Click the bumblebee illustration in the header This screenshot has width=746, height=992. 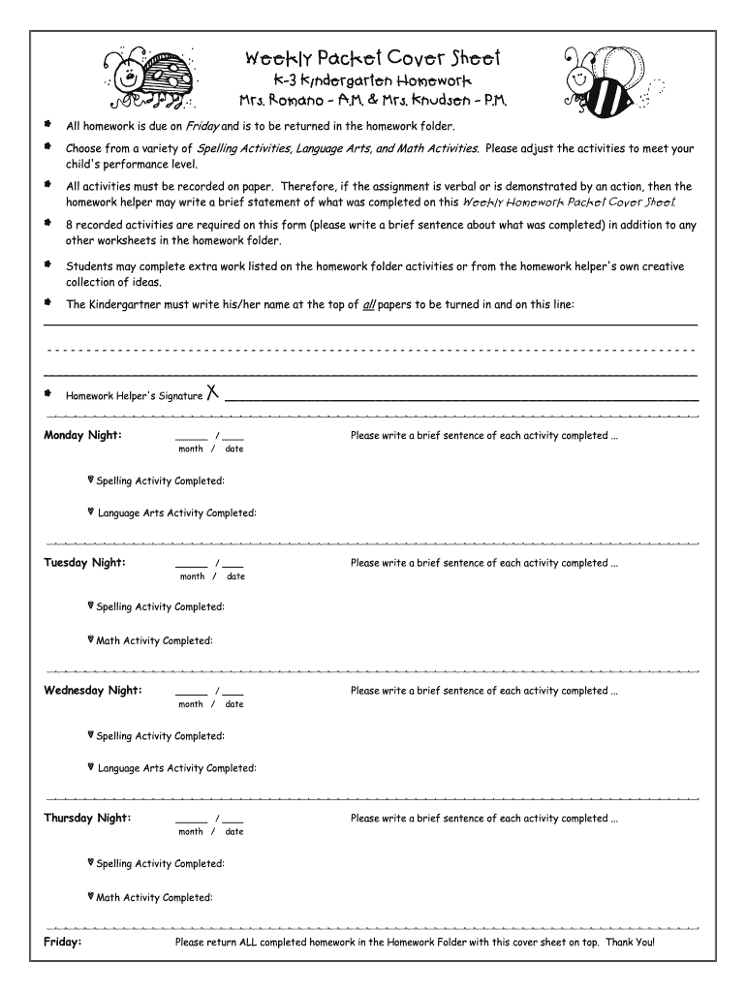[606, 77]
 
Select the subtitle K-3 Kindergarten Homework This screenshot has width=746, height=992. [372, 80]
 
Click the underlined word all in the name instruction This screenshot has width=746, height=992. [368, 304]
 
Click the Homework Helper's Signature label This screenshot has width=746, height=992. [134, 395]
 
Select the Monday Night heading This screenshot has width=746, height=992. [82, 435]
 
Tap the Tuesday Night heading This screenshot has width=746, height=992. [84, 563]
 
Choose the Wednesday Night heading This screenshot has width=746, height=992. [93, 691]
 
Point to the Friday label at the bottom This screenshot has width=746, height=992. [63, 942]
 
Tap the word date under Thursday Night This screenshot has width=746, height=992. [234, 832]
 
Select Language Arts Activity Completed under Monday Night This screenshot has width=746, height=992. [176, 513]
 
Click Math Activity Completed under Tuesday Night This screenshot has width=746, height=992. [154, 641]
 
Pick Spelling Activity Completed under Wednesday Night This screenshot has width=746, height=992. [160, 736]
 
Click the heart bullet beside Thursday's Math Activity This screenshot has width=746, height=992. [90, 897]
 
